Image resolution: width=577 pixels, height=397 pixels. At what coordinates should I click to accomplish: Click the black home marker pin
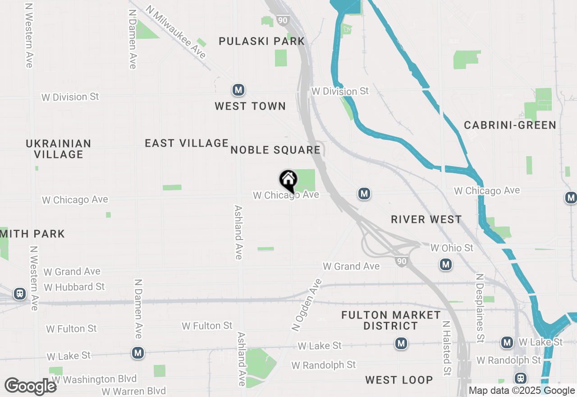(x=288, y=180)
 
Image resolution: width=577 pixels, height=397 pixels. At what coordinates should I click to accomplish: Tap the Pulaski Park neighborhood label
(x=261, y=42)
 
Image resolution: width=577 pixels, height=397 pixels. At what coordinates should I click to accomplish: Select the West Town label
(x=250, y=106)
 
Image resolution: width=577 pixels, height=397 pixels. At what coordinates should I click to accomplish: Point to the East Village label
(x=187, y=143)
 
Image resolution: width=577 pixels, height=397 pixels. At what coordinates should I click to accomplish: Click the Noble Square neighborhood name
(x=275, y=150)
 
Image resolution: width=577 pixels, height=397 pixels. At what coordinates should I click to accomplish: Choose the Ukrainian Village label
(x=59, y=149)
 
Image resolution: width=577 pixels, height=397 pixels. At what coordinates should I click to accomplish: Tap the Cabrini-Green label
(x=510, y=125)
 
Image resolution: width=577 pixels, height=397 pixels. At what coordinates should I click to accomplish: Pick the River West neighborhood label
(x=426, y=220)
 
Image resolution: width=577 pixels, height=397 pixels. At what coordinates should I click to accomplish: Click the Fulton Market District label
(x=391, y=320)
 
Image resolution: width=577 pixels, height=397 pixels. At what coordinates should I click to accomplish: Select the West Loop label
(x=399, y=380)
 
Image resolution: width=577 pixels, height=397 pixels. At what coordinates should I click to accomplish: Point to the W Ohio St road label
(x=452, y=248)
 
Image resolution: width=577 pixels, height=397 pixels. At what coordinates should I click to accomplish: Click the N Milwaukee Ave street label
(x=176, y=32)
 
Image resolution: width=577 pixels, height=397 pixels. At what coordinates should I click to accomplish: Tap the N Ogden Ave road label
(x=307, y=305)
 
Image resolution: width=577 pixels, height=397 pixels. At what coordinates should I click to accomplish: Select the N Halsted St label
(x=446, y=348)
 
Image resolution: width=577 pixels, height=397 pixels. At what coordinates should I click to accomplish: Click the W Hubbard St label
(x=74, y=287)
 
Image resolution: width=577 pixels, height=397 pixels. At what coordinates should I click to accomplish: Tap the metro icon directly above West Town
(x=238, y=90)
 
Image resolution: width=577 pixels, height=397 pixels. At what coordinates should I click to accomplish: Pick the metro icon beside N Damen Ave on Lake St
(x=138, y=353)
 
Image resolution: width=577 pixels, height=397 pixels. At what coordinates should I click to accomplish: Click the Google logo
(x=30, y=387)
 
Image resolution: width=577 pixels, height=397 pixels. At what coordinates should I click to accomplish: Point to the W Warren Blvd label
(x=133, y=391)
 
